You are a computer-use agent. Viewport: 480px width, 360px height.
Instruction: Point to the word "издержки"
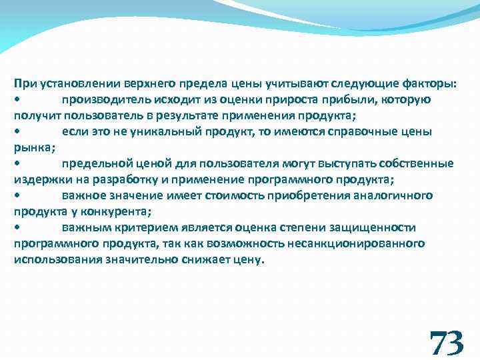click(x=39, y=179)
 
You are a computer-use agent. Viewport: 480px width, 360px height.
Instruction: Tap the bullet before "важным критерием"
click(x=17, y=228)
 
